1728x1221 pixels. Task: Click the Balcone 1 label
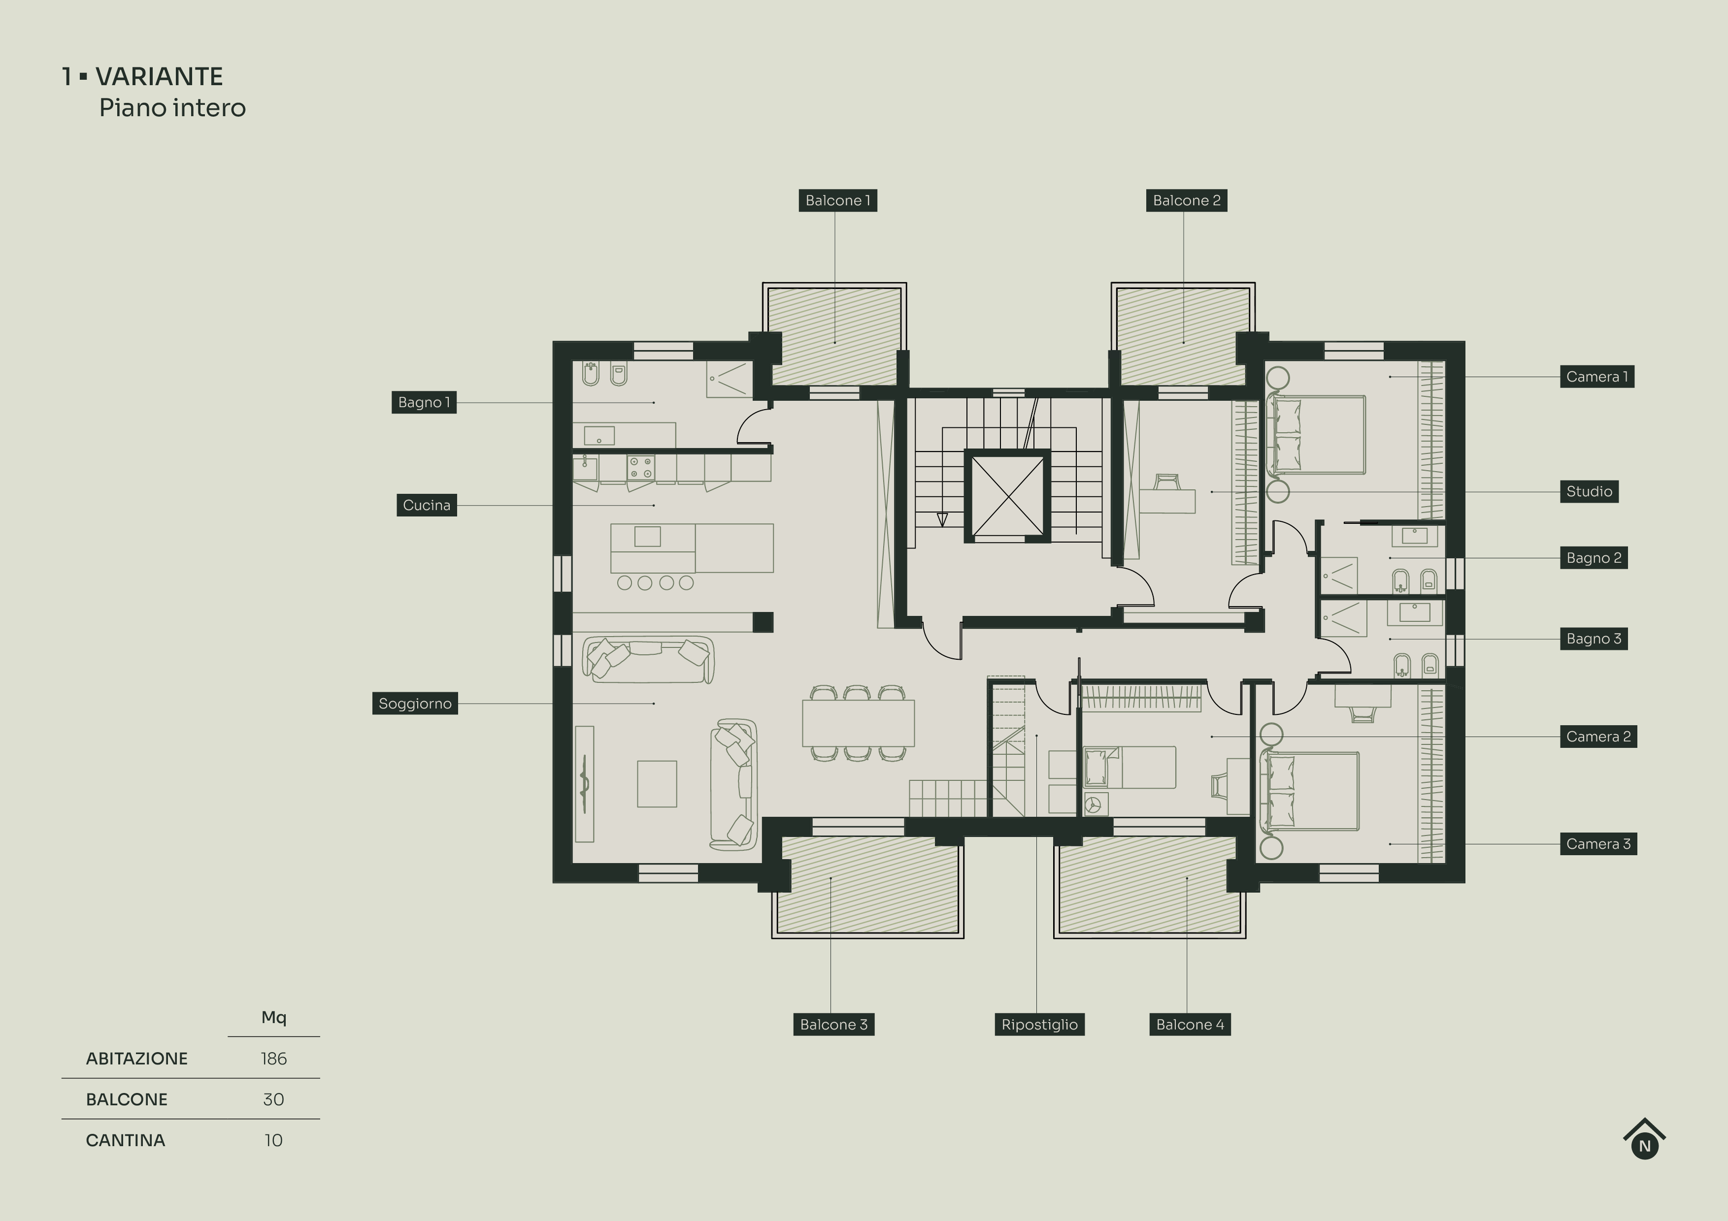[837, 200]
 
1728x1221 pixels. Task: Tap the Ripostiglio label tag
[1038, 1025]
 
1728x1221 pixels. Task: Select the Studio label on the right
[1589, 491]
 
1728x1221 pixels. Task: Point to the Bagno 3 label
[1594, 639]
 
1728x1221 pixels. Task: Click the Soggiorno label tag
[415, 704]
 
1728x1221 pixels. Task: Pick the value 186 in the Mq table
[273, 1059]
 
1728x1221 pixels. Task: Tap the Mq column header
[273, 1017]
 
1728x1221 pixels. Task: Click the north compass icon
[1644, 1140]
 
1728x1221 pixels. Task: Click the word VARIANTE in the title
[159, 77]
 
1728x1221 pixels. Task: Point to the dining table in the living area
[858, 722]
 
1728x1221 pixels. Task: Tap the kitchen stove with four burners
[640, 467]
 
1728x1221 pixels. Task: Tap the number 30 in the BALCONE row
[273, 1099]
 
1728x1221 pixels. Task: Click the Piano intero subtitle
[172, 108]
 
